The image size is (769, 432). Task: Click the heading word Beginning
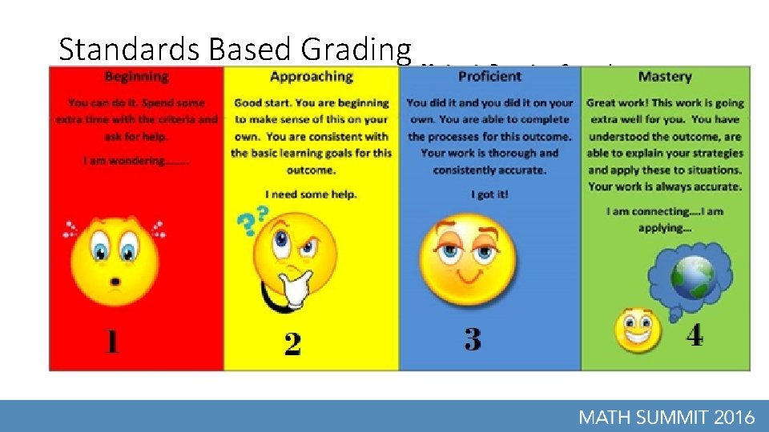pos(136,77)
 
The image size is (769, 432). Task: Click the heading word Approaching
pos(311,77)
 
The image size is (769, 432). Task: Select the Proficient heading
pos(489,77)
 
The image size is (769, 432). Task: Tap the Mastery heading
pos(664,77)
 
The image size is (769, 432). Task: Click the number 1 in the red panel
pos(111,342)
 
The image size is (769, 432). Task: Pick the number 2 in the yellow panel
pos(292,344)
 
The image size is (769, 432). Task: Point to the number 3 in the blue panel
pos(473,339)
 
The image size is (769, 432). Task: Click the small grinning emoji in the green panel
pos(638,330)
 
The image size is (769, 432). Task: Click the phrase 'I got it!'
pos(489,194)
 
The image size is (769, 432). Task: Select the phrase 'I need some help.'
pos(311,194)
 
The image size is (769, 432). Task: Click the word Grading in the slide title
pos(356,50)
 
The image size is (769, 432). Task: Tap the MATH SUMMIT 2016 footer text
pos(666,416)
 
